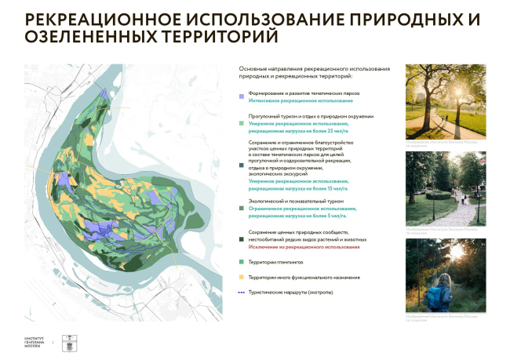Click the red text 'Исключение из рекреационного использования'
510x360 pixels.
[x=305, y=246]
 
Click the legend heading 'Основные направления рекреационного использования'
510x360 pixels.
[x=313, y=70]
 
